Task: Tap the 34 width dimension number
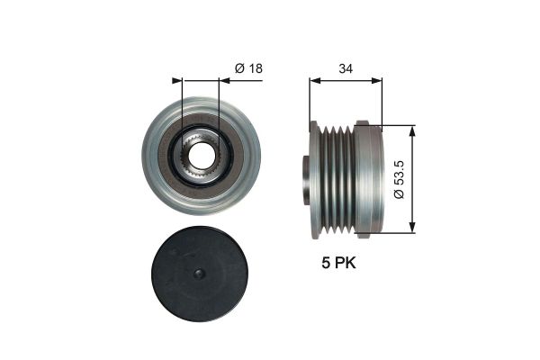click(345, 67)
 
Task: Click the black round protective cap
click(201, 275)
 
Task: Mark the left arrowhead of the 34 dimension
click(313, 81)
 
